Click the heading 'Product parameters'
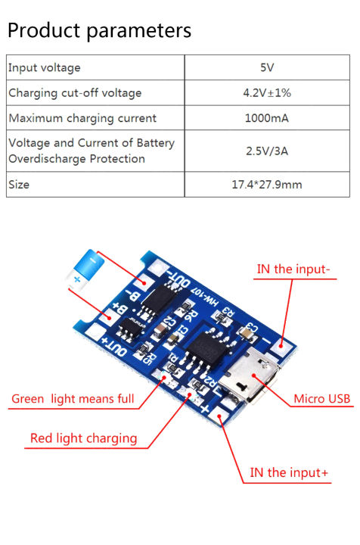tap(99, 30)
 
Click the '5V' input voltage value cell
tap(266, 68)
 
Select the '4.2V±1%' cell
tap(266, 93)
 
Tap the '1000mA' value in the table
tap(266, 118)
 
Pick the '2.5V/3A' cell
tap(266, 151)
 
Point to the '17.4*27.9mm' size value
tap(266, 184)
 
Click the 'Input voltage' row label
tap(44, 68)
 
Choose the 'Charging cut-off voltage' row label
tap(75, 93)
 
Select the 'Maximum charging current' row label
tap(82, 118)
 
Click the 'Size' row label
tap(19, 184)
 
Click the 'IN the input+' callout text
tap(289, 473)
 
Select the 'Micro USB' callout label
tap(321, 399)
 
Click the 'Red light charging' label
tap(83, 438)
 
